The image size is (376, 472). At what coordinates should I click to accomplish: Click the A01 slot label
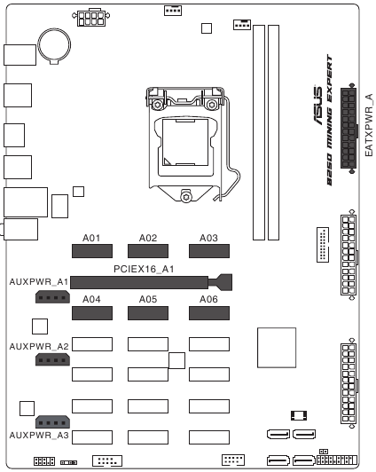[91, 238]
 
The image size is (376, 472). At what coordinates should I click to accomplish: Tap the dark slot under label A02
[148, 251]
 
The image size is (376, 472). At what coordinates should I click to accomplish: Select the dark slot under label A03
[209, 251]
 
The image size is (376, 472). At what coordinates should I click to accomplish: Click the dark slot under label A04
[92, 313]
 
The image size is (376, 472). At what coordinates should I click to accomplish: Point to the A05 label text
[148, 299]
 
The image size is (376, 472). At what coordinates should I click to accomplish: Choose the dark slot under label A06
[209, 313]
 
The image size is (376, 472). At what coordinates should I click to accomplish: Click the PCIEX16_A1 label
[144, 269]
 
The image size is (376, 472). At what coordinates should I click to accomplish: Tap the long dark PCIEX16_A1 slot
[151, 283]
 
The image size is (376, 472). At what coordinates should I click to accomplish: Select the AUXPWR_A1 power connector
[52, 297]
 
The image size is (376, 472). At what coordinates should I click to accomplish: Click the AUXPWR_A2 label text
[39, 347]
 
